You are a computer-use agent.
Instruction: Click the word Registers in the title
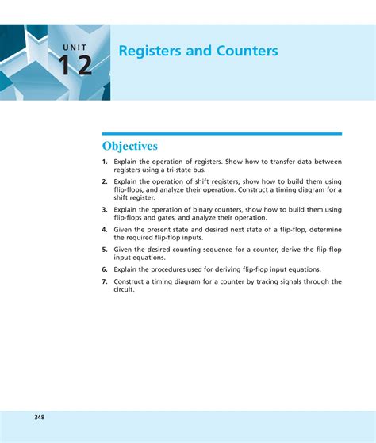(x=147, y=52)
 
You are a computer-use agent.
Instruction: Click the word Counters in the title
(x=245, y=52)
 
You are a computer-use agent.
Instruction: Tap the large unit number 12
(x=75, y=66)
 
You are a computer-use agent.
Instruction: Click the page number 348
(x=40, y=417)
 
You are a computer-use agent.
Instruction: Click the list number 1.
(x=104, y=162)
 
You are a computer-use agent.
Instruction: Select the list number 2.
(x=104, y=181)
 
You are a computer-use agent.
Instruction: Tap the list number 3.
(x=104, y=209)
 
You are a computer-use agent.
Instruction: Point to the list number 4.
(x=104, y=229)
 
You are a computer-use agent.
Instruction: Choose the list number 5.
(x=104, y=249)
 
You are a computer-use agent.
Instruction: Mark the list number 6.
(x=104, y=269)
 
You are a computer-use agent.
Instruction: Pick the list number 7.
(x=104, y=281)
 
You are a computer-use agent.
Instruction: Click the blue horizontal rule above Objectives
(x=221, y=134)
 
